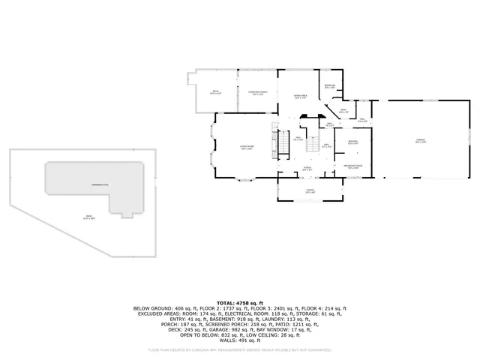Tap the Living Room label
pyautogui.click(x=246, y=148)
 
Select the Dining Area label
pyautogui.click(x=300, y=97)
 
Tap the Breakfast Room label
pyautogui.click(x=355, y=166)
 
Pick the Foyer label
pyautogui.click(x=307, y=169)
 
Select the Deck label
pyautogui.click(x=214, y=92)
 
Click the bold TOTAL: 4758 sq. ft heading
pyautogui.click(x=239, y=301)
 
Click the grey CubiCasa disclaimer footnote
pyautogui.click(x=239, y=349)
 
